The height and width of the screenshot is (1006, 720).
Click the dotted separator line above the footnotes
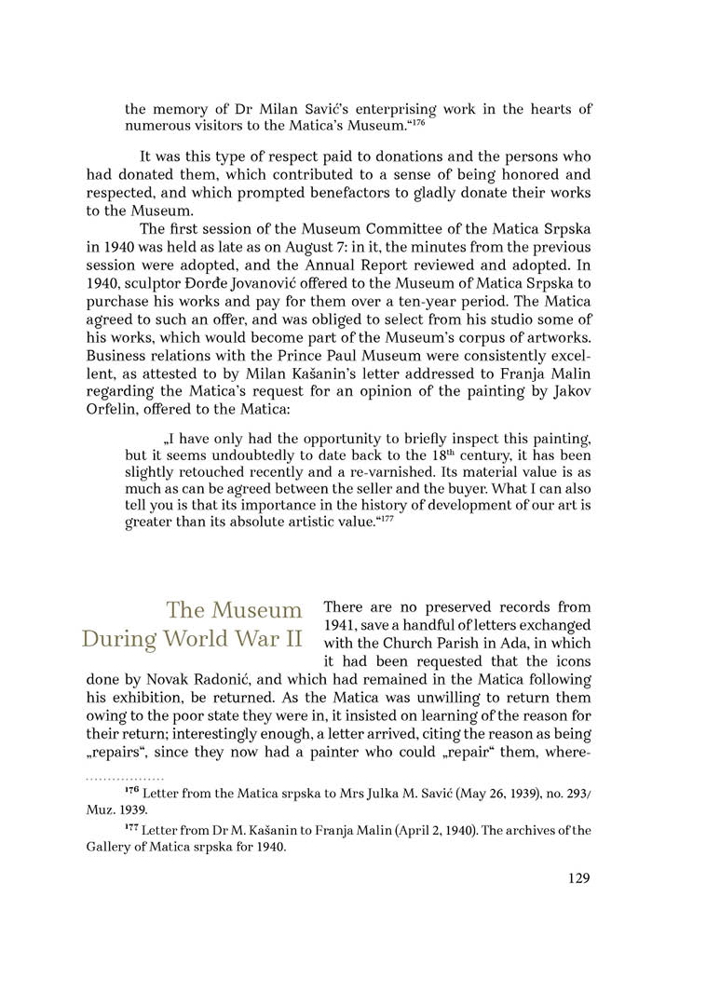tap(125, 777)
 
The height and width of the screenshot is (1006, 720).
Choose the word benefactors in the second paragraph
tap(368, 192)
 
